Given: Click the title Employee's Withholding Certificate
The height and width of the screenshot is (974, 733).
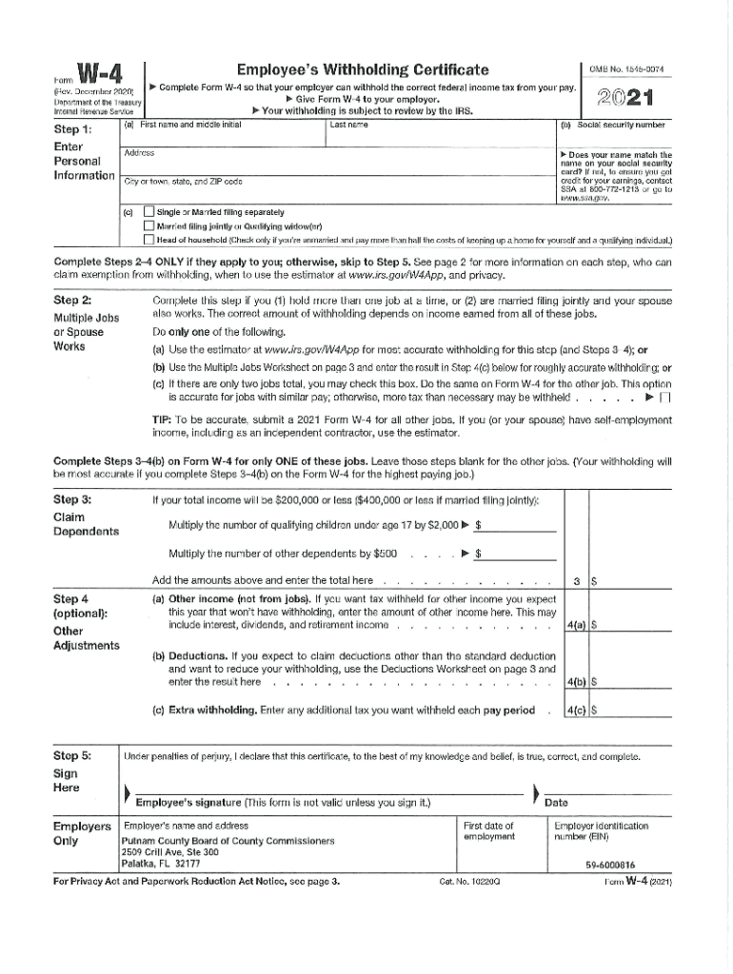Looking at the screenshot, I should [363, 69].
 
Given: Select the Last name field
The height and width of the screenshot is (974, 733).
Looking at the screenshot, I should [438, 133].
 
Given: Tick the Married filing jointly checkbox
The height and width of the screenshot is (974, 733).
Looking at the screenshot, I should [148, 225].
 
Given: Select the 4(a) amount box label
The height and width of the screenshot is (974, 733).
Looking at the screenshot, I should [574, 625].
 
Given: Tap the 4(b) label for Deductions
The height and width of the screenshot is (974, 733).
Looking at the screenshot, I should [574, 681].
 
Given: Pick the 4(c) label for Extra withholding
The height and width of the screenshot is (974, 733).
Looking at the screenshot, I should [574, 710].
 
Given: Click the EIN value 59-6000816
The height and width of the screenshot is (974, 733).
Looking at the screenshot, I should [610, 865].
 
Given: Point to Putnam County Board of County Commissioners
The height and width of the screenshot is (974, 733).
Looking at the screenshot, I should [228, 842].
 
